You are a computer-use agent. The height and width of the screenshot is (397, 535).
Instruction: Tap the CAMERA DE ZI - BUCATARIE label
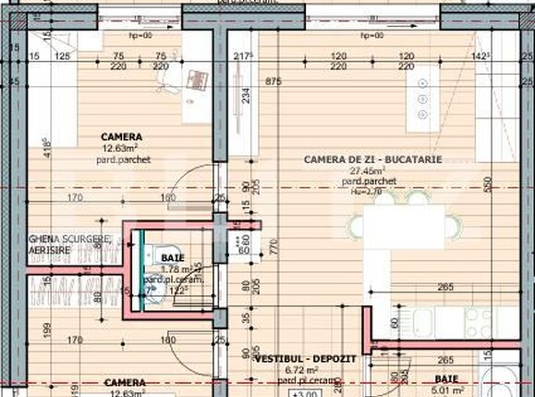372,159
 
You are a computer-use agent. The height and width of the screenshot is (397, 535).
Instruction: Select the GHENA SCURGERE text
70,240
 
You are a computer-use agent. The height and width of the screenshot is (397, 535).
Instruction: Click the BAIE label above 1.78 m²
172,257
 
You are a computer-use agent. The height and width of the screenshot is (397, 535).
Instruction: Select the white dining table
403,226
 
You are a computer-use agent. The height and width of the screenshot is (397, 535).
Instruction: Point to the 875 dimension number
272,81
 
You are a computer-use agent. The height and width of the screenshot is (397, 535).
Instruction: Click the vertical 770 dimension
274,245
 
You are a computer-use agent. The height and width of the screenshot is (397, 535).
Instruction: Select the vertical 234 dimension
245,95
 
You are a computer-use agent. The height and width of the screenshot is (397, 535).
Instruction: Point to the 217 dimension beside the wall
244,56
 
